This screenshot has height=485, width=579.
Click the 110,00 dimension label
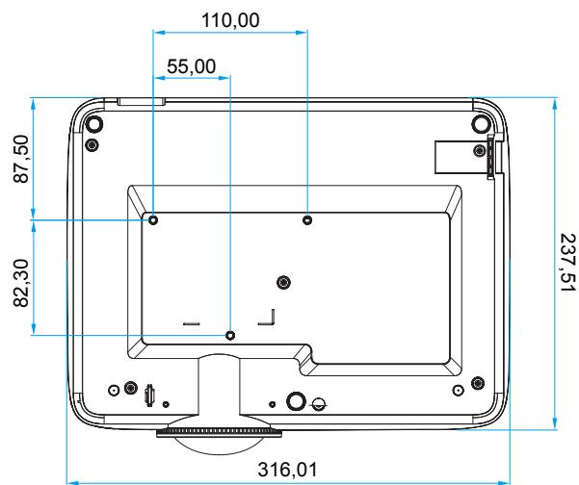(230, 20)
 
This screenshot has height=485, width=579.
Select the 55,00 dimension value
(192, 66)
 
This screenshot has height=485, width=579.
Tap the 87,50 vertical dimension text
(21, 159)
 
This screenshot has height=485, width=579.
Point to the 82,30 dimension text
(21, 283)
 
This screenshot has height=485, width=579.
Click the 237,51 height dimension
(568, 263)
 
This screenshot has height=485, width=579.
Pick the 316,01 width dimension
(287, 470)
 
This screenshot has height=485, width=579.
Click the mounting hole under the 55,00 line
(230, 335)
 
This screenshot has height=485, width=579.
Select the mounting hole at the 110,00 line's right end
(307, 220)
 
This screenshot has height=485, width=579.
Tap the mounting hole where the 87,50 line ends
(153, 220)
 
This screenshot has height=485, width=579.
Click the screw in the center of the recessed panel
(283, 283)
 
